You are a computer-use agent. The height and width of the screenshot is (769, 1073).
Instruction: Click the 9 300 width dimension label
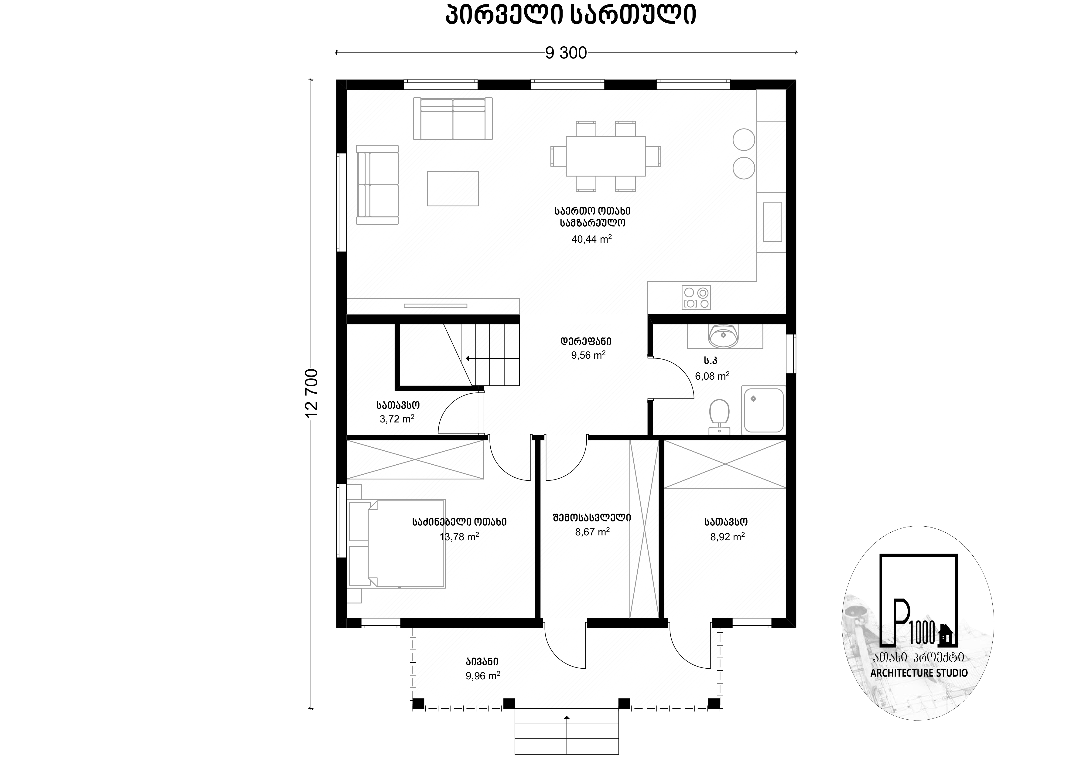pyautogui.click(x=566, y=53)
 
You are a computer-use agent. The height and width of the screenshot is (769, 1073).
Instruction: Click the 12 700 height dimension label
pyautogui.click(x=312, y=393)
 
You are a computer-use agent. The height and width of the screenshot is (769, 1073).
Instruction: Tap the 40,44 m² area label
pyautogui.click(x=591, y=239)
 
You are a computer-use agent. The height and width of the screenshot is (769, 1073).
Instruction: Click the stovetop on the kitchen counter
pyautogui.click(x=696, y=297)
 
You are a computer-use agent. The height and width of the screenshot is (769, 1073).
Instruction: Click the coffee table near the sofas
pyautogui.click(x=453, y=189)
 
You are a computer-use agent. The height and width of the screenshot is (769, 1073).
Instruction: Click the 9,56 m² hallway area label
pyautogui.click(x=588, y=355)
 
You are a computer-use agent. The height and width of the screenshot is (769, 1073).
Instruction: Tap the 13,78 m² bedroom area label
pyautogui.click(x=459, y=537)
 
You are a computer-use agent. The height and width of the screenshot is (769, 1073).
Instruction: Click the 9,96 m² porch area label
pyautogui.click(x=482, y=676)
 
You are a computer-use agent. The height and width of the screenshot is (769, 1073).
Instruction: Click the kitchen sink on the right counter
pyautogui.click(x=772, y=222)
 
